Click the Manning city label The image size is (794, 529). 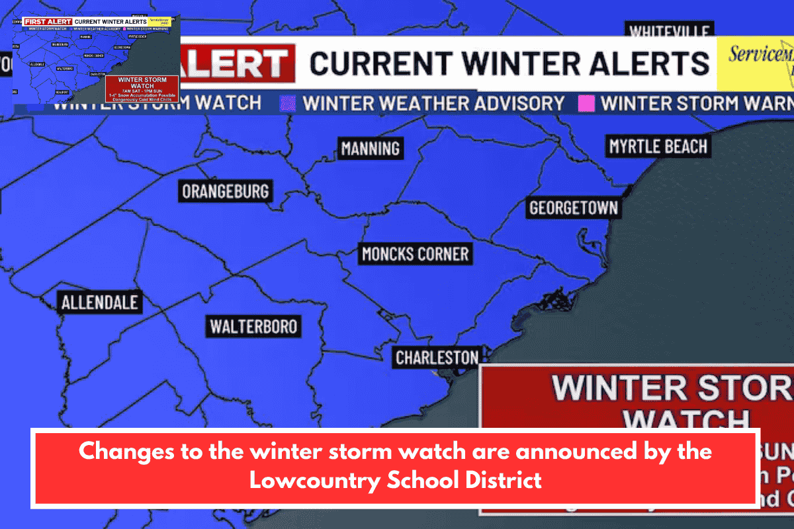click(371, 148)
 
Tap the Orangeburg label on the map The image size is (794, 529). click(226, 192)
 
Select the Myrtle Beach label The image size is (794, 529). click(658, 146)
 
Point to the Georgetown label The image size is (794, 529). click(574, 208)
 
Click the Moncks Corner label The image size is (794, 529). click(415, 253)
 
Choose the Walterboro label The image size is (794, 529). click(253, 326)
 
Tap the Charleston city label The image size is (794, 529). click(437, 358)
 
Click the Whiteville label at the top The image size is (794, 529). click(670, 32)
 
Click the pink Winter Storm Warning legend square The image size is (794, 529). click(586, 104)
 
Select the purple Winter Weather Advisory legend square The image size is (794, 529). click(288, 104)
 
